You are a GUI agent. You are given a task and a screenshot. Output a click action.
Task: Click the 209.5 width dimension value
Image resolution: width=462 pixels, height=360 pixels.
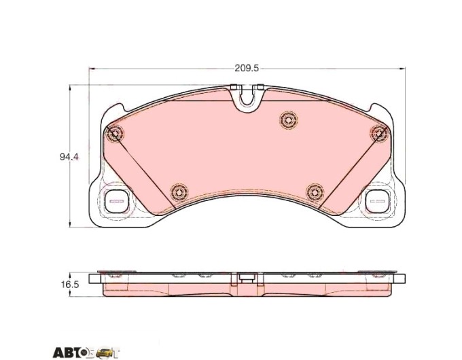pos(247,69)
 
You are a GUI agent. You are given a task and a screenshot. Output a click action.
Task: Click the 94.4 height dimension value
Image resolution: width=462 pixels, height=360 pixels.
pos(69,157)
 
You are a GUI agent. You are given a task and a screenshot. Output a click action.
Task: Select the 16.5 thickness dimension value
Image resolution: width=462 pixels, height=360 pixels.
pos(70,285)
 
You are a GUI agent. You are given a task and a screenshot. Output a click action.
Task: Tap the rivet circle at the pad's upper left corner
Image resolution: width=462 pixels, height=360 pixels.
pos(115,134)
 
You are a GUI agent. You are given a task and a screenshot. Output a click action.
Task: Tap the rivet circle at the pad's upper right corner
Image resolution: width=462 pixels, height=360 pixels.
pos(380,133)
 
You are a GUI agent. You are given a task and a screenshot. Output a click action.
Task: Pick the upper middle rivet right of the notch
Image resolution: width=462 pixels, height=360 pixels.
pos(289,120)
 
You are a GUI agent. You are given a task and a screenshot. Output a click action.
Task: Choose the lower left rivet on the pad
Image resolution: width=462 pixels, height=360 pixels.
pos(179,193)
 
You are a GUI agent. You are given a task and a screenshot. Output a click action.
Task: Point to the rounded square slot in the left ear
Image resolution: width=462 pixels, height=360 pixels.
pos(117,201)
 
